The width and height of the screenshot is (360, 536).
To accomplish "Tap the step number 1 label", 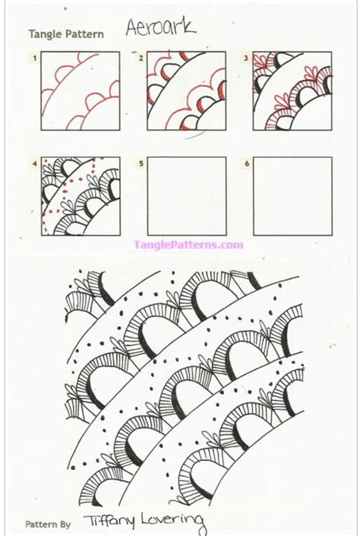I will click(34, 57).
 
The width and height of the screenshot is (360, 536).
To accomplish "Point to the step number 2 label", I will click(141, 57).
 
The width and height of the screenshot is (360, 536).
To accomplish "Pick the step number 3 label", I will click(246, 57).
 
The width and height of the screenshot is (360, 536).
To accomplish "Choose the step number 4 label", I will click(34, 162).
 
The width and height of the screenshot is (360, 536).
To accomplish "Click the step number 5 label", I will click(141, 162).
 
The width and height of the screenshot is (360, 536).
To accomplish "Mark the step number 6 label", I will click(246, 162).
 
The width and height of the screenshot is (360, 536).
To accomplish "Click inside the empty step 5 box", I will click(187, 196).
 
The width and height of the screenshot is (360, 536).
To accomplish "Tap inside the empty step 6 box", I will click(292, 196).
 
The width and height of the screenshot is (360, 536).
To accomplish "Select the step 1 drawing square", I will click(81, 90).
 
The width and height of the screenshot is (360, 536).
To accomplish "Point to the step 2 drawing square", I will click(187, 90).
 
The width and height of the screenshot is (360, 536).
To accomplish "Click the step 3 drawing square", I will click(292, 90).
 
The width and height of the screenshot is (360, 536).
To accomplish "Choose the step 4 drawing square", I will click(81, 196).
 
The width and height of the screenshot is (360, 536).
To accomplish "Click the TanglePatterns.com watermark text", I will click(188, 244).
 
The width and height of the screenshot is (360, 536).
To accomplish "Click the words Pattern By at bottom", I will click(48, 524).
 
